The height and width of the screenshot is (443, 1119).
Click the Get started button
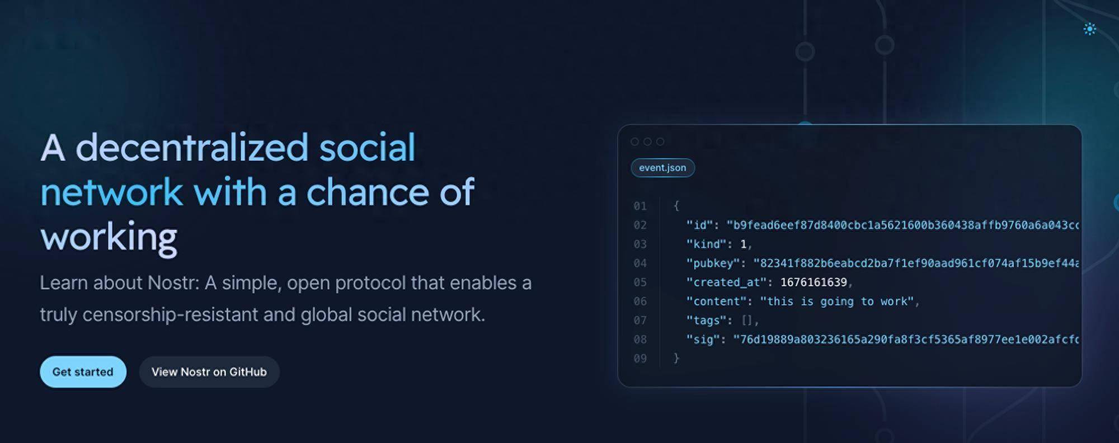point(83,372)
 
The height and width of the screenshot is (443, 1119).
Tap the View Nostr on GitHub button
point(209,372)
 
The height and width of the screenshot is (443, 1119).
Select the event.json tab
point(662,168)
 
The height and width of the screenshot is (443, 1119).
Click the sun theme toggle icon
point(1089,29)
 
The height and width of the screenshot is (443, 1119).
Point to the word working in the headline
point(109,237)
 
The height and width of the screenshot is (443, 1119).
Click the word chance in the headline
point(369,192)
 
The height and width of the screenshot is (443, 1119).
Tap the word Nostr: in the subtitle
point(173,283)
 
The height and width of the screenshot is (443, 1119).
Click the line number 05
point(640,282)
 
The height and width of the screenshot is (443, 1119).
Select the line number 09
point(640,359)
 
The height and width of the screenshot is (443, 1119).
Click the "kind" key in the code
point(706,244)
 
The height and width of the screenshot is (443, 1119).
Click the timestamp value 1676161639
point(814,282)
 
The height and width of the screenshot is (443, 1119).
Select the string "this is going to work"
point(836,301)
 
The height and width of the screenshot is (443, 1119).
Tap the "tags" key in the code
point(706,321)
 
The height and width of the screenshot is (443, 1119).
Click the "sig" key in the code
point(703,340)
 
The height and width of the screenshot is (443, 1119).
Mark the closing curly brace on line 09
point(676,358)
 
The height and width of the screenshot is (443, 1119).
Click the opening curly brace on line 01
point(676,206)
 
